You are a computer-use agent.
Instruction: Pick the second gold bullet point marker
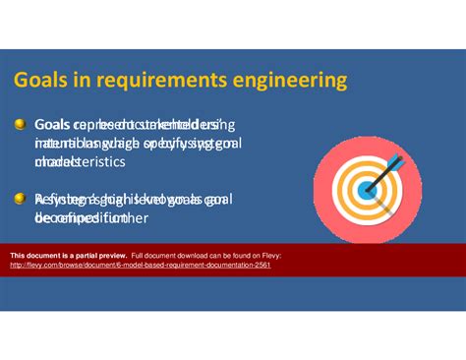click(20, 198)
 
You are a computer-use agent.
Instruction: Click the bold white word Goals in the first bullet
click(50, 126)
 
